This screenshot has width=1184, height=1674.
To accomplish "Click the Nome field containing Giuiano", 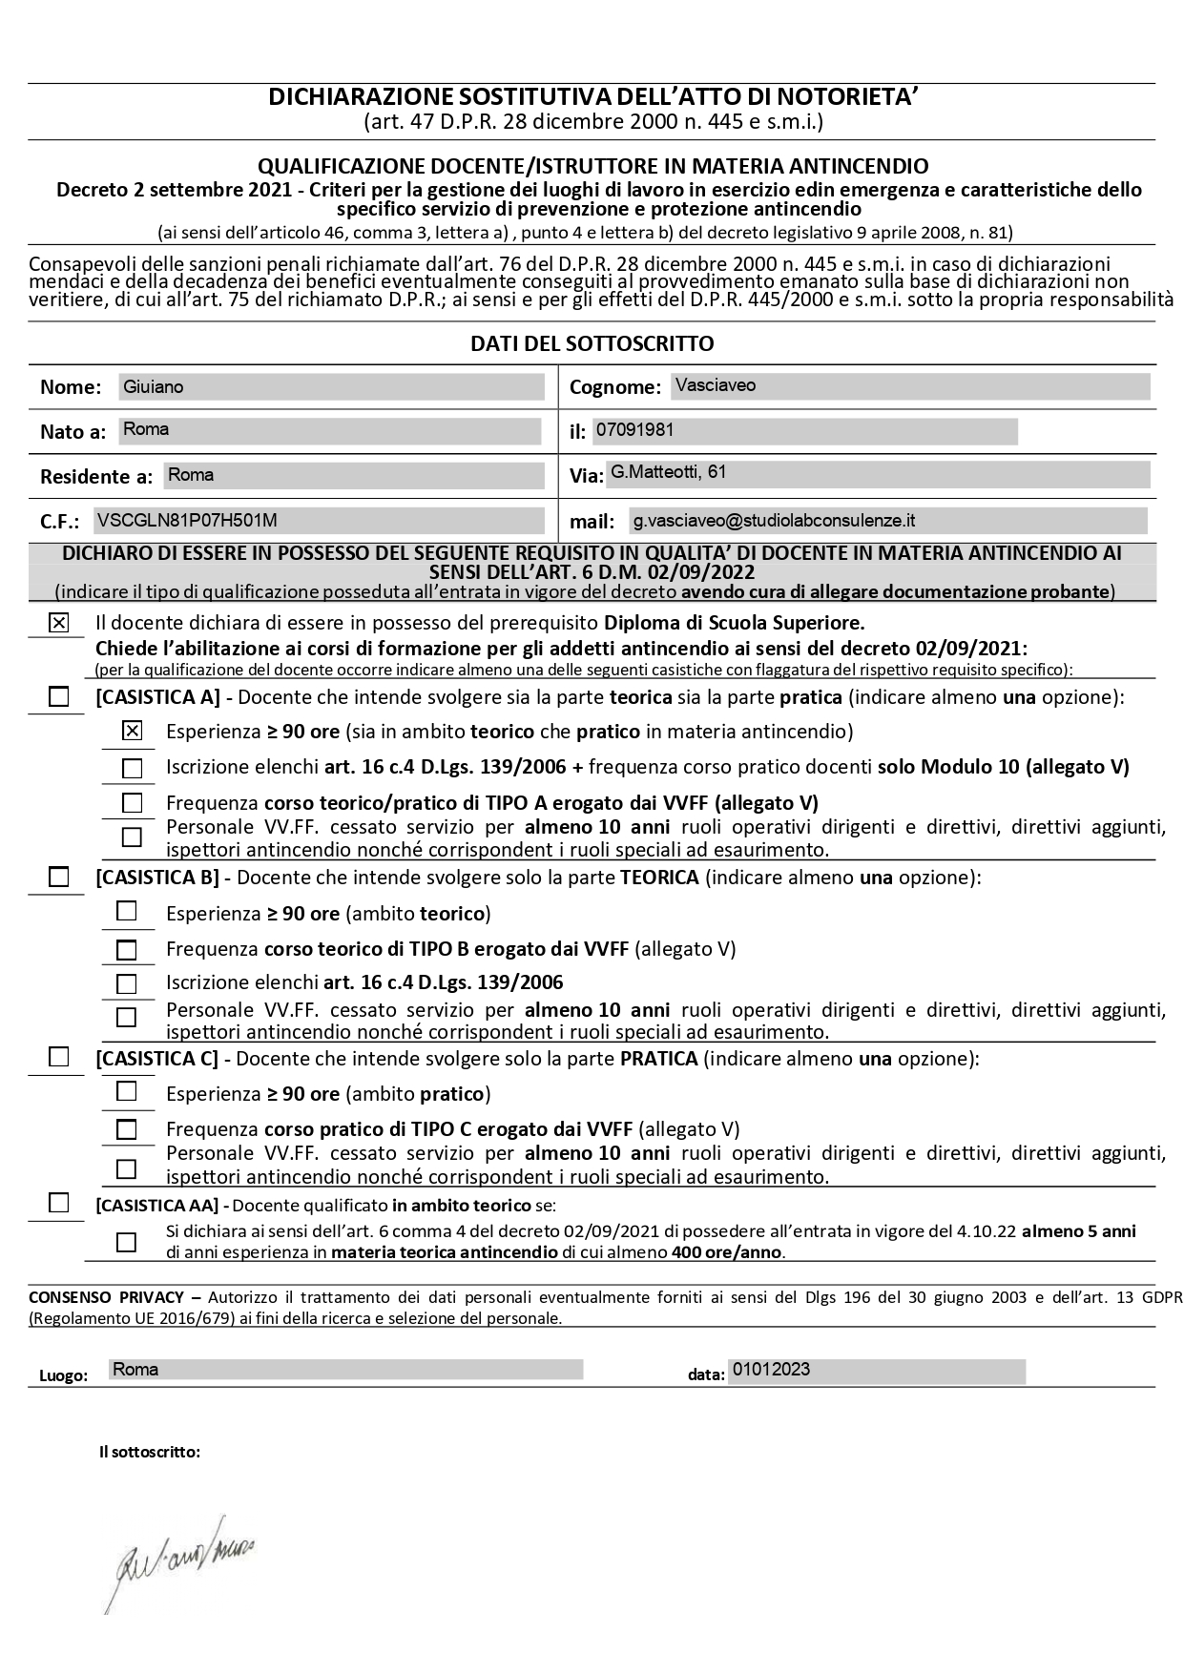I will (x=330, y=387).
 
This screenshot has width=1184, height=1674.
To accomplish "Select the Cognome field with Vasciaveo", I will (x=909, y=386).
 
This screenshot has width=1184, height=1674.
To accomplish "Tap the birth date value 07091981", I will (x=804, y=431).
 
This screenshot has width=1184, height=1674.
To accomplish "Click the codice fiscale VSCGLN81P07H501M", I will (x=318, y=521).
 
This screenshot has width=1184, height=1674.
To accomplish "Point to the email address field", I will (x=887, y=521).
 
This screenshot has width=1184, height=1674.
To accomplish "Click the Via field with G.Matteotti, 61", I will (x=878, y=474).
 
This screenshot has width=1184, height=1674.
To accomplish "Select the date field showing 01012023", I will (x=876, y=1372).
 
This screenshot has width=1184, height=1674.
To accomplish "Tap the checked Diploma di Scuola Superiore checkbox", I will (x=59, y=624).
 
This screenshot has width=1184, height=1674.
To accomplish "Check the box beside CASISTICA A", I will (x=59, y=697).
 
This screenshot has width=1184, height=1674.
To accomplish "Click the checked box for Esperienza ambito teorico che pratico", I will (x=133, y=732).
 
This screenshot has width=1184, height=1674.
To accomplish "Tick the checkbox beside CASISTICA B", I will (x=59, y=877).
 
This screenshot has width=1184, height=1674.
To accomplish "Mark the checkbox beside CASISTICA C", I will (x=59, y=1057).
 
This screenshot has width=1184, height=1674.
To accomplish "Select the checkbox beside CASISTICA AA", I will (x=59, y=1203).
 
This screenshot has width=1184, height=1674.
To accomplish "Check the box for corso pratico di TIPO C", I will (x=126, y=1129).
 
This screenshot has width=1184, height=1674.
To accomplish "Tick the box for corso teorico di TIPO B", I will (x=126, y=950).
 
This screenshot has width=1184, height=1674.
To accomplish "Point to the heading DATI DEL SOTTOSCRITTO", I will (x=592, y=343).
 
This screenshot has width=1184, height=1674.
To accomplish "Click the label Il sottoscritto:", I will (x=150, y=1453).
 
